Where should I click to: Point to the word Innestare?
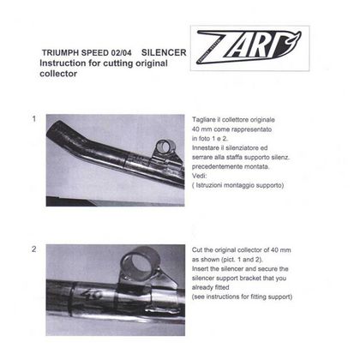(x=209, y=151)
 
